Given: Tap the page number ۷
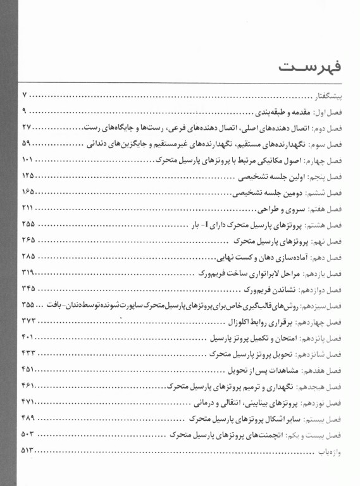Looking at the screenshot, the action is coord(25,95).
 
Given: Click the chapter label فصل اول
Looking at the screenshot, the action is coord(333,111).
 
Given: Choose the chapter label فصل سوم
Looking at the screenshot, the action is coord(332,144).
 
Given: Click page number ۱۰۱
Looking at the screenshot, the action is coord(28,159).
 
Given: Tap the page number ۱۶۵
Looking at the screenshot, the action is coord(28,192).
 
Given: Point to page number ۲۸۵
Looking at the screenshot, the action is coord(28,256).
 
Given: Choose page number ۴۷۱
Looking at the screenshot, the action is coord(28,402).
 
